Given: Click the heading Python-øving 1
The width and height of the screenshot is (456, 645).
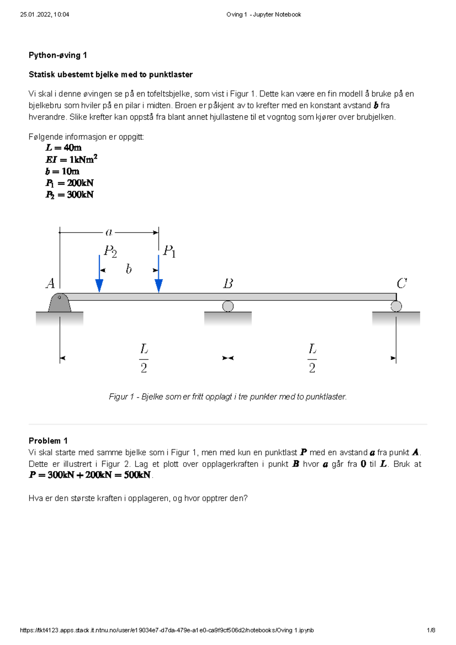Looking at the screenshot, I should [58, 55].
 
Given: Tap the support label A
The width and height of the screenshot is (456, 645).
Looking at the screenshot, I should [51, 283].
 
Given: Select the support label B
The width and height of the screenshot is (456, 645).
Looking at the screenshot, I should [228, 283].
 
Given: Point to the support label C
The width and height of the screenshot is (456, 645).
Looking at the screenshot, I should [402, 283].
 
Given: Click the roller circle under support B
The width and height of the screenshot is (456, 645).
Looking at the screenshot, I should [228, 306].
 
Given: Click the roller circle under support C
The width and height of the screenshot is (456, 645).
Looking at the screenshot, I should [396, 306].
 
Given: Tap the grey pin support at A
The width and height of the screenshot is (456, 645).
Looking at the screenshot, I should [60, 303].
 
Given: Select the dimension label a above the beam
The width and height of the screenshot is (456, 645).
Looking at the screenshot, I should [109, 232].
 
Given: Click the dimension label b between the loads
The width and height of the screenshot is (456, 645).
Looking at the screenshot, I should [129, 269].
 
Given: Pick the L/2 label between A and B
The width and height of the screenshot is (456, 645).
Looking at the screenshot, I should [144, 358].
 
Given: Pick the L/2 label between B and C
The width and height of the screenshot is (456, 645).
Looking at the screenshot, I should [312, 358].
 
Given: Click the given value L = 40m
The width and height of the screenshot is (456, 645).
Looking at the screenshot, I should [63, 148].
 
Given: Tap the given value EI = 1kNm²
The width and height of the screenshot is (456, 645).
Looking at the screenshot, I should [71, 159].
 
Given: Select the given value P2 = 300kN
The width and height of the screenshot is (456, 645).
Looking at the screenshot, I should [70, 195].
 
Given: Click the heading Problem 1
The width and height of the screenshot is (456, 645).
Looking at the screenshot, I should [48, 441].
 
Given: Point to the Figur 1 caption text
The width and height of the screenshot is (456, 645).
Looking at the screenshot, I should [228, 397].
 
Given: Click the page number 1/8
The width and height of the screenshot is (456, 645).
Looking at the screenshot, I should [431, 630].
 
